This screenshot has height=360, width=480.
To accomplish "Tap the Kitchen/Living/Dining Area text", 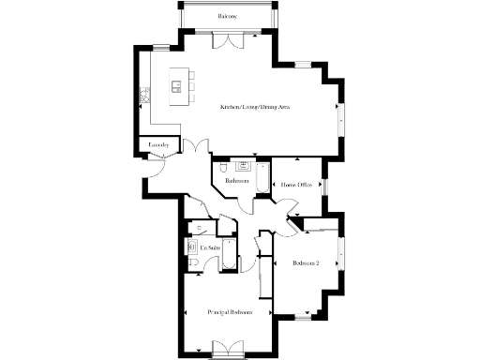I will click(x=255, y=108).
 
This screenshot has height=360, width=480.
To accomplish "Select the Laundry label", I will click(x=159, y=145).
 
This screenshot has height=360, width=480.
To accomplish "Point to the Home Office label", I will click(x=297, y=186).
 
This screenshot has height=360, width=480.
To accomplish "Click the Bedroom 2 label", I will click(x=306, y=263).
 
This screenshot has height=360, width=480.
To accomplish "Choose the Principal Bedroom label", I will click(x=230, y=312).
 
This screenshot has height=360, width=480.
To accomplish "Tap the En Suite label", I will click(x=211, y=247).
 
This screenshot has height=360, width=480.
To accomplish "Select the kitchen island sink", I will click(x=175, y=87).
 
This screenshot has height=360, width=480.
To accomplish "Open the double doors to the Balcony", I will click(x=230, y=37).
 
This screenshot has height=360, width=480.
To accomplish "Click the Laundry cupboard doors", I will click(x=192, y=147).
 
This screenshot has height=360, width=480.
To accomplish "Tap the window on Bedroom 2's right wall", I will click(x=341, y=252).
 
